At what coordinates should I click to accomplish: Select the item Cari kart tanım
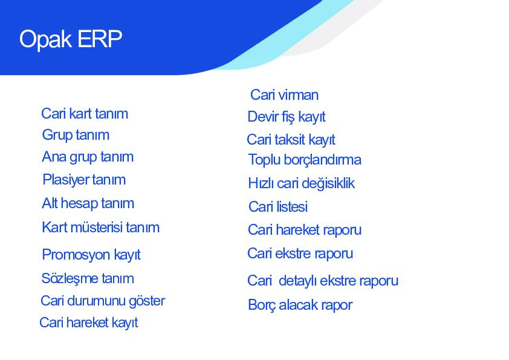[x=85, y=114]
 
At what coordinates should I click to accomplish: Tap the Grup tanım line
[x=76, y=136]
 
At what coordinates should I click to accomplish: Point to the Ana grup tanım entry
[x=88, y=157]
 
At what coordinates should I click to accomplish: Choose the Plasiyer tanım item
[x=84, y=180]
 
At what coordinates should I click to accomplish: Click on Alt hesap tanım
[x=88, y=204]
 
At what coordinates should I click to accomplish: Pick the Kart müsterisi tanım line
[x=100, y=227]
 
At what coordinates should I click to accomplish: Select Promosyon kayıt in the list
[x=91, y=255]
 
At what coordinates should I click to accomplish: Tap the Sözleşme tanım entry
[x=88, y=279]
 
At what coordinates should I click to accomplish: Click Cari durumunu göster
[x=103, y=301]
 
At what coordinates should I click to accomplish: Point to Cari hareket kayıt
[x=89, y=323]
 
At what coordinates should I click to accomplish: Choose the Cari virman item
[x=284, y=95]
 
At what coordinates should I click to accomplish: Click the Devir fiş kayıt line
[x=287, y=117]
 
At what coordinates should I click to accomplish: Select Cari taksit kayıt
[x=291, y=140]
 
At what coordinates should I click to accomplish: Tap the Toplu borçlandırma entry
[x=305, y=160]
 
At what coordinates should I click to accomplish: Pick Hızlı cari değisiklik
[x=302, y=183]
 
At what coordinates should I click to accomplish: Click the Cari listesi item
[x=278, y=207]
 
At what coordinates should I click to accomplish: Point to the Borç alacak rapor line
[x=300, y=306]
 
